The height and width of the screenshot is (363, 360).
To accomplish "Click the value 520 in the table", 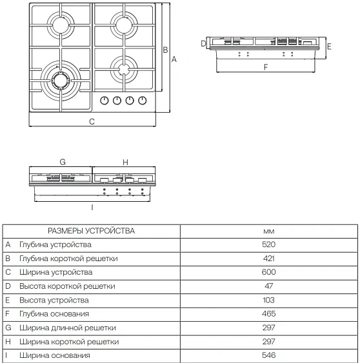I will [x=269, y=245].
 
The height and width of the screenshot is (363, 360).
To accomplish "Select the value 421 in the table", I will [x=269, y=259].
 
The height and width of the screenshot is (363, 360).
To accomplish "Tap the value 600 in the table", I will [x=269, y=273].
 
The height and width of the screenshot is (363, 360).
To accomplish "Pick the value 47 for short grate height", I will [x=269, y=286].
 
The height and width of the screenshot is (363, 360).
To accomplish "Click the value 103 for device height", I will [x=269, y=300].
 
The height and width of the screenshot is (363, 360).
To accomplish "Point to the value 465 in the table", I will [x=269, y=314].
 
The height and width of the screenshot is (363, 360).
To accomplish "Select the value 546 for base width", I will [x=269, y=355].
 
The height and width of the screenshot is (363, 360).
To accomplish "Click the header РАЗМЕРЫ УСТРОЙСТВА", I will [x=91, y=231].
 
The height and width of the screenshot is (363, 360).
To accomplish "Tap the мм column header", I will [x=269, y=231].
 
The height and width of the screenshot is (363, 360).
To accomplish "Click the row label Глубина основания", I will [x=54, y=314].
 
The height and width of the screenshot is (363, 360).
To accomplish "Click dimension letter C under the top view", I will [x=92, y=121].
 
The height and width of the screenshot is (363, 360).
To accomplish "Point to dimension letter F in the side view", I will [x=265, y=66].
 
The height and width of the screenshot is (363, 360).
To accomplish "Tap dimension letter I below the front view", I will [x=92, y=207].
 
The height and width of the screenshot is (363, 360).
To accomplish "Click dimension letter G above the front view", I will [x=62, y=162].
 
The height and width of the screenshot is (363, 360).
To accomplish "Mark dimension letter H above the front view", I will [x=125, y=162].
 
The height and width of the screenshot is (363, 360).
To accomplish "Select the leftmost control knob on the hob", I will [x=105, y=100].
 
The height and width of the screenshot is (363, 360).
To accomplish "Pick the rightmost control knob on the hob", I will [x=143, y=100].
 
